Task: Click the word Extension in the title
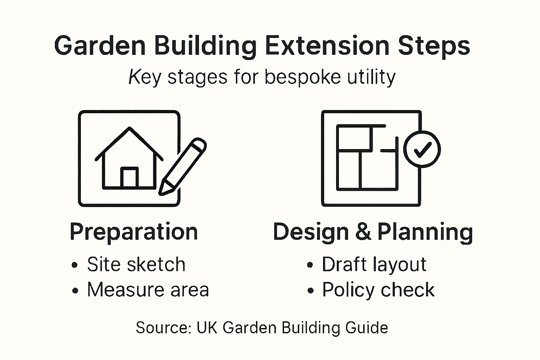[327, 46]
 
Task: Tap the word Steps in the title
[434, 46]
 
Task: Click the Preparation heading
[134, 232]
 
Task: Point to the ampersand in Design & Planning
[363, 232]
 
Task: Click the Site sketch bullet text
[136, 264]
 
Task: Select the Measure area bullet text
[148, 290]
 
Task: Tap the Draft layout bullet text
[374, 264]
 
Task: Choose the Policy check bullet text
[378, 290]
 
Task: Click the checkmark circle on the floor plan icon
[422, 149]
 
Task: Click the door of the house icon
[129, 177]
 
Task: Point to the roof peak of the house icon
[130, 129]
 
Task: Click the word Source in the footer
[163, 328]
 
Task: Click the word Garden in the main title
[100, 46]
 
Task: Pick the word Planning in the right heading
[425, 232]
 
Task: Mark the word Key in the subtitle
[144, 77]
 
